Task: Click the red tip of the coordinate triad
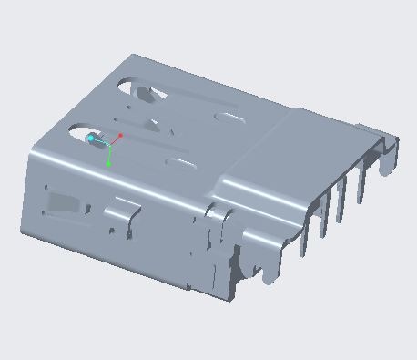click(x=120, y=136)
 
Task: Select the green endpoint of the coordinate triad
click(x=109, y=164)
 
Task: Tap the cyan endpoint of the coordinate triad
click(x=91, y=139)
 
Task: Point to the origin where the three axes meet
click(x=109, y=145)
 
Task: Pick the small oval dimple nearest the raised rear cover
click(x=227, y=118)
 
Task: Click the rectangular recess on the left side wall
click(x=62, y=202)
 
